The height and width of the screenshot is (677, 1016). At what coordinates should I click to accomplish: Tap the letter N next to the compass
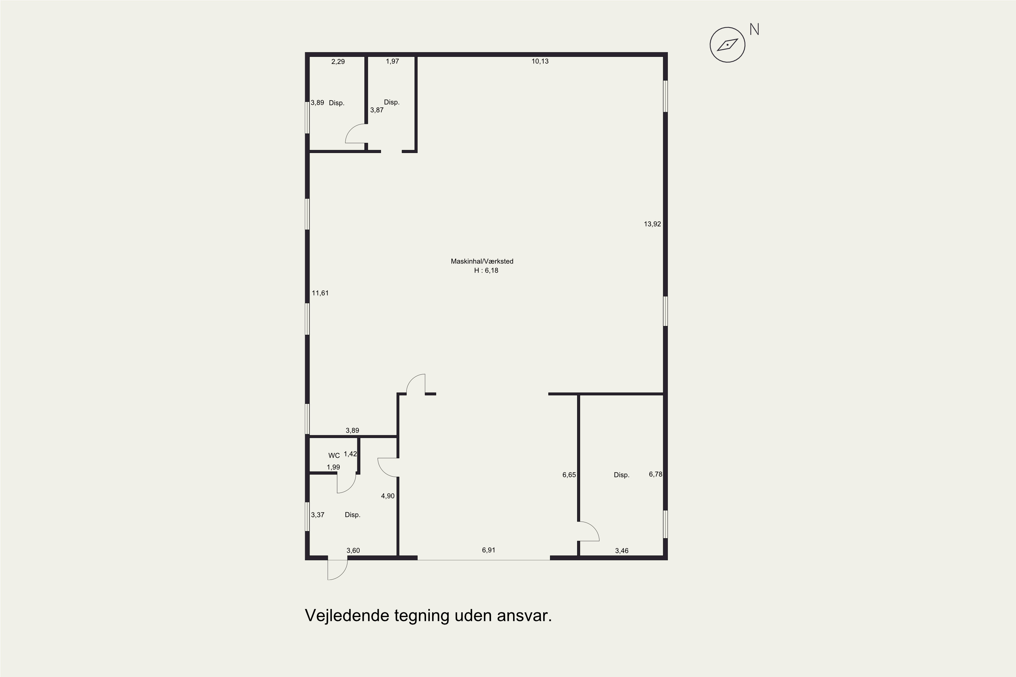tap(754, 29)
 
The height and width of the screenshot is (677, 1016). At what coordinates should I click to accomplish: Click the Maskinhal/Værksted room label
tap(482, 261)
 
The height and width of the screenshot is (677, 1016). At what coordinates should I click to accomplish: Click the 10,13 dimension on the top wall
tap(540, 61)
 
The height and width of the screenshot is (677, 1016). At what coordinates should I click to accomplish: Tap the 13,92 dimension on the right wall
tap(652, 224)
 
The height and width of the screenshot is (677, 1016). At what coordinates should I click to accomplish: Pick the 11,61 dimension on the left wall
tap(320, 293)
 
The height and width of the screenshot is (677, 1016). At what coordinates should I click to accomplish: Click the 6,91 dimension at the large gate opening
tap(489, 550)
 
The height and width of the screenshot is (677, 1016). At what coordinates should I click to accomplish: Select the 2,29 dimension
tap(338, 62)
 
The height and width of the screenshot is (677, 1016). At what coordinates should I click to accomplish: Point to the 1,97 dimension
tap(392, 61)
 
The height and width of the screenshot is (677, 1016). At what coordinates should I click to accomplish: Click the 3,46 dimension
tap(621, 550)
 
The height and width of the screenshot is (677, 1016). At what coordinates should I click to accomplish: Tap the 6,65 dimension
tap(569, 475)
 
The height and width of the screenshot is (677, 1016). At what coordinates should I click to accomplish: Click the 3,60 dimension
tap(353, 550)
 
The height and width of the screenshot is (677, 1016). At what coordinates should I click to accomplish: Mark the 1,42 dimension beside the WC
tap(350, 454)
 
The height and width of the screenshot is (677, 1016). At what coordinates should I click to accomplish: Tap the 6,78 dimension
tap(655, 474)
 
